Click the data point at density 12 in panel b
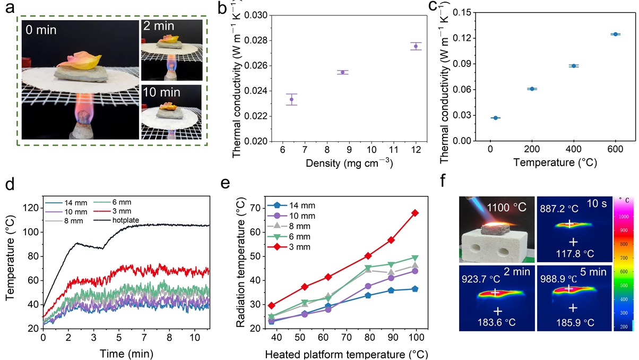416,46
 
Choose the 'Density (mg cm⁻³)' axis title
349,164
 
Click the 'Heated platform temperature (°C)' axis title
348,354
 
